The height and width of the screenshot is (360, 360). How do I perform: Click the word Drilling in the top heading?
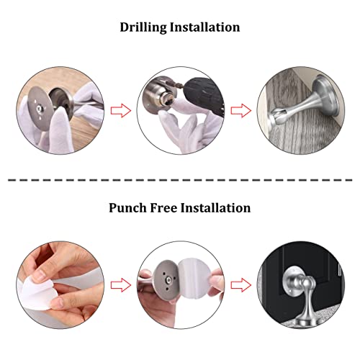tap(144, 28)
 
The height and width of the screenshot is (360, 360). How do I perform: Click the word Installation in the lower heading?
tap(217, 208)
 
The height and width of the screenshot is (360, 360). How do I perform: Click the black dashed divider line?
tap(180, 178)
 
